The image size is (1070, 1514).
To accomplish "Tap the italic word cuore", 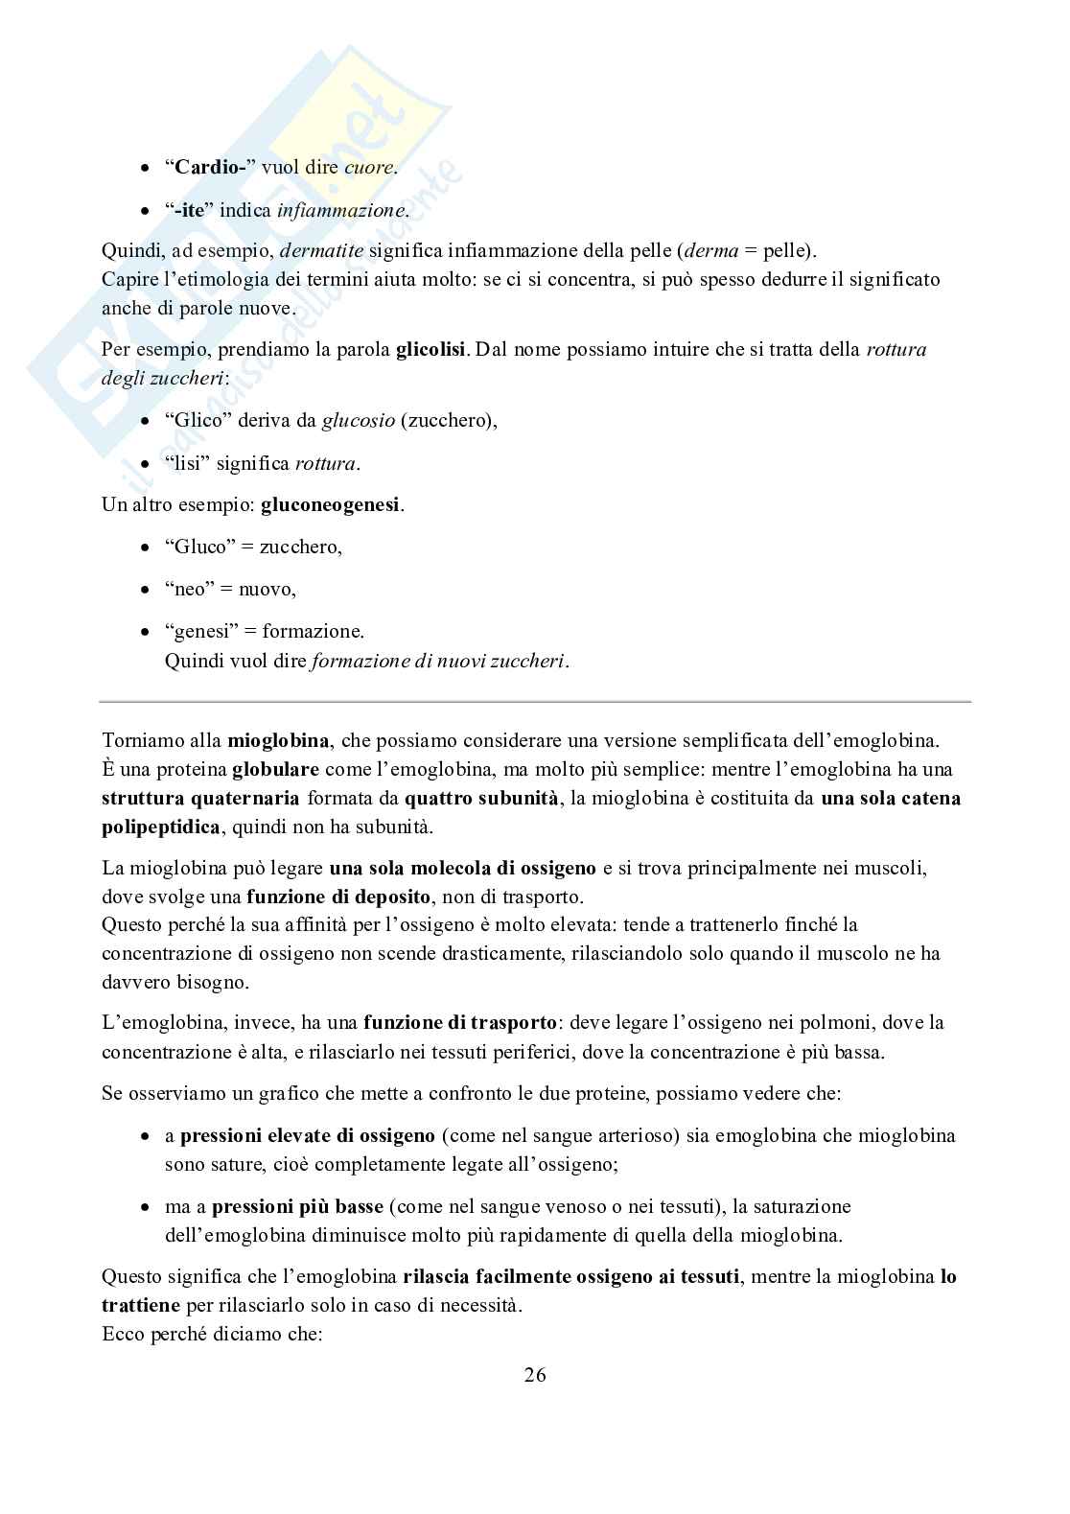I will pyautogui.click(x=369, y=167).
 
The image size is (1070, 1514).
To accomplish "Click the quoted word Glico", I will pyautogui.click(x=194, y=420).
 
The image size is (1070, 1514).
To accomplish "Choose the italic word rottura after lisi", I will pyautogui.click(x=326, y=463).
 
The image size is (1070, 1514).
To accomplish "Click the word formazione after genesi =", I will pyautogui.click(x=313, y=631).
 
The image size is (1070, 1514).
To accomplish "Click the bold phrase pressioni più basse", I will pyautogui.click(x=297, y=1206).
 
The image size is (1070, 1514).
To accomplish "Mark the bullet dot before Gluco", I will pyautogui.click(x=145, y=547).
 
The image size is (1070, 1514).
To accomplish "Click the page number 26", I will pyautogui.click(x=535, y=1375).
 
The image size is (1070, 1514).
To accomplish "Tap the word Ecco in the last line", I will pyautogui.click(x=124, y=1334).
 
